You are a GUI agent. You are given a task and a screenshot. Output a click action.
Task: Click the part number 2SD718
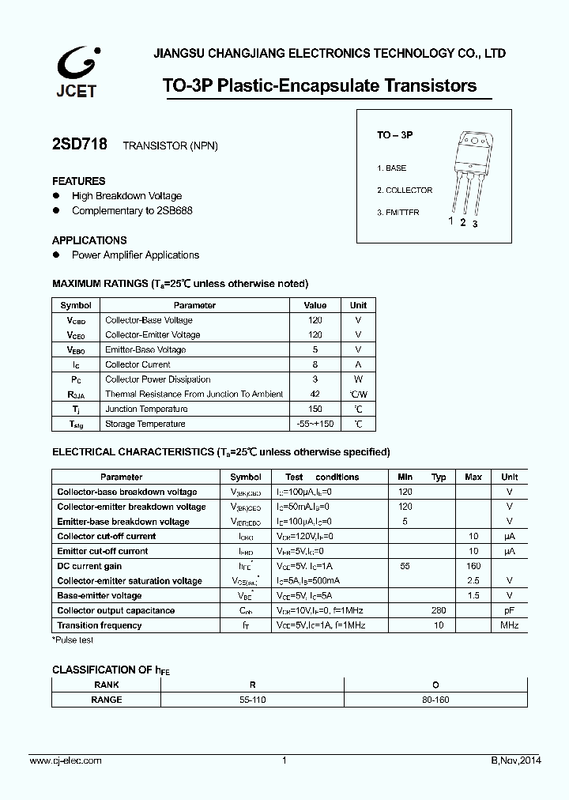coord(79,145)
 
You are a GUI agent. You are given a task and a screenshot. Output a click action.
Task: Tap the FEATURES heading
coord(78,181)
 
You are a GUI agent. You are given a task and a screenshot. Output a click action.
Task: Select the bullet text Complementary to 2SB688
coord(132,210)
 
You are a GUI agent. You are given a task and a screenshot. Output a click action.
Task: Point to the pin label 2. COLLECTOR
coord(405,191)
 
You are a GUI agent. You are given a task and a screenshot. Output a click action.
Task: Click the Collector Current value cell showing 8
coord(315,364)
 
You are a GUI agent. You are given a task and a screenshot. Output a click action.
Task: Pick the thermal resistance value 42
coord(315,394)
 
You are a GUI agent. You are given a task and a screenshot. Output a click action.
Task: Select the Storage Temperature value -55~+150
coord(315,424)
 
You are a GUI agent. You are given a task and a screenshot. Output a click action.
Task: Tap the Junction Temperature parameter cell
coord(146,409)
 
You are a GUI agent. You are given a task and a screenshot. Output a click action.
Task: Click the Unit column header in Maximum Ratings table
coord(358,305)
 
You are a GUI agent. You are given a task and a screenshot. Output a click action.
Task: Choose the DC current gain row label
coord(89,566)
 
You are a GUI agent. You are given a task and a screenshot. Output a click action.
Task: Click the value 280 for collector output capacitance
coord(439,610)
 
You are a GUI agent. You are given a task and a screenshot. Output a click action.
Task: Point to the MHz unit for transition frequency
coord(509,625)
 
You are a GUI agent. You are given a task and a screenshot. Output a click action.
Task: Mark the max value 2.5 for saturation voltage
coord(473,581)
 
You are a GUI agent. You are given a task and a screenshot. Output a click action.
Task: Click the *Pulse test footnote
coord(73,640)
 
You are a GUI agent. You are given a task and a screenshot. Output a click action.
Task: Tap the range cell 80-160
coord(435,700)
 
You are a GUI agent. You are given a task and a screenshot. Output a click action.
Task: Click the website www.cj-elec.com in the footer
coord(66,760)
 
